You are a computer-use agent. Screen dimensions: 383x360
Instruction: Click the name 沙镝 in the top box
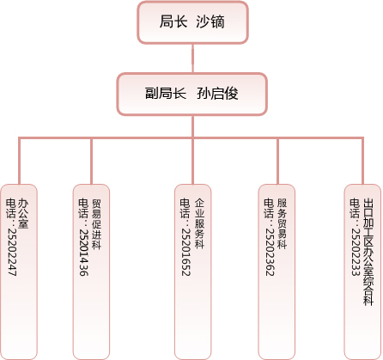(x=210, y=21)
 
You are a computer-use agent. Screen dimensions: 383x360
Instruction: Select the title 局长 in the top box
(x=173, y=21)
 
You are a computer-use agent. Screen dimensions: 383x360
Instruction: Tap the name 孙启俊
(x=217, y=94)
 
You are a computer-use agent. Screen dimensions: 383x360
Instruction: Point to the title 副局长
(x=166, y=94)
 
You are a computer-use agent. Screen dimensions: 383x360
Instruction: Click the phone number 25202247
(x=12, y=252)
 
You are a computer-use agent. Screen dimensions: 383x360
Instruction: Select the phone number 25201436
(x=83, y=252)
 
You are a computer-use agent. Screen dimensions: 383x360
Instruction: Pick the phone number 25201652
(x=185, y=252)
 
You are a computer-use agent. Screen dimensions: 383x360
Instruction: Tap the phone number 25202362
(x=270, y=252)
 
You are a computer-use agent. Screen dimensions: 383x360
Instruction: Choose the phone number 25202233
(x=356, y=252)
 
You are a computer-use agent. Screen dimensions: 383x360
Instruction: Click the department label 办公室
(x=23, y=213)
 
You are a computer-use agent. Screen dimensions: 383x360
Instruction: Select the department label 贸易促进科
(x=96, y=224)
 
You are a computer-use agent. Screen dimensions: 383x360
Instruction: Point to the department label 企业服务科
(x=199, y=223)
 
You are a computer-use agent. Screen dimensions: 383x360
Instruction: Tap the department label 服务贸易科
(x=282, y=223)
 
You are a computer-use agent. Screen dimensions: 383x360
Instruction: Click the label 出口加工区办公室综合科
(x=368, y=252)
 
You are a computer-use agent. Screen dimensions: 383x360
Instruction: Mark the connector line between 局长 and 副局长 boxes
(x=192, y=58)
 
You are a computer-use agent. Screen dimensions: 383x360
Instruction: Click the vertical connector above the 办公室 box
(x=19, y=161)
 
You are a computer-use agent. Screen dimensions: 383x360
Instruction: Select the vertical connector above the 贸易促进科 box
(x=91, y=161)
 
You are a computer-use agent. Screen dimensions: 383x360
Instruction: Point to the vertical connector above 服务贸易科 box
(x=277, y=161)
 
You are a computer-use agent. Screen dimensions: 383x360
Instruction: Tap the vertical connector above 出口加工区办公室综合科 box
(x=362, y=161)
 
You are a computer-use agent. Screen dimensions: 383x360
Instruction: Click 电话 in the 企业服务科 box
(x=185, y=208)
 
